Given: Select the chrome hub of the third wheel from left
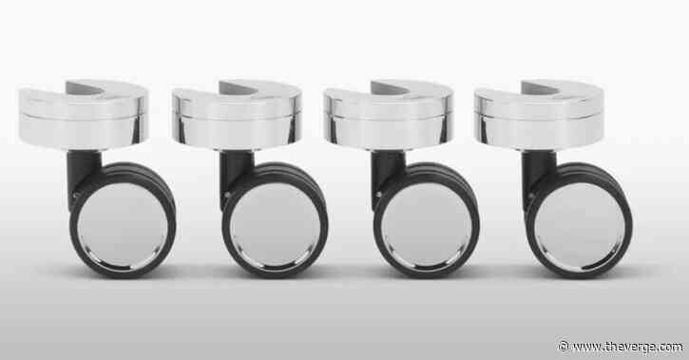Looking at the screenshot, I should click(x=426, y=224).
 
